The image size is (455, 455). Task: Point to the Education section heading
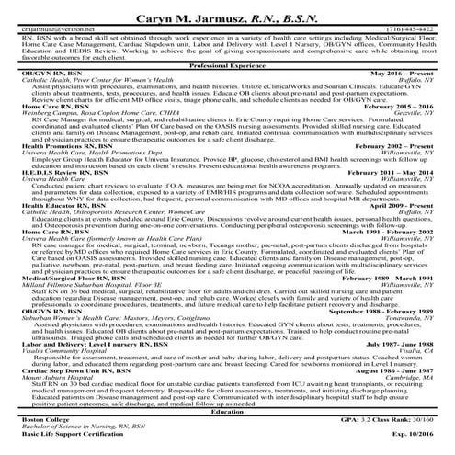(x=227, y=411)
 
